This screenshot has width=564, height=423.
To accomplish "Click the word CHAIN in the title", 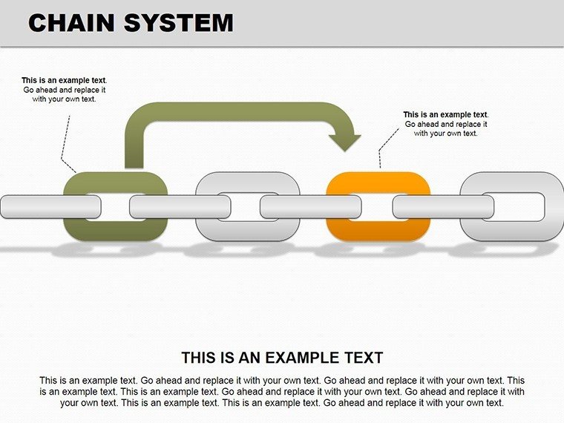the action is tap(71, 23).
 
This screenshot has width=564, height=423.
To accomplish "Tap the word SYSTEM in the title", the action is tap(179, 23).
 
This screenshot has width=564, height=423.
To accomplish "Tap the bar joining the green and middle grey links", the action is tap(180, 206).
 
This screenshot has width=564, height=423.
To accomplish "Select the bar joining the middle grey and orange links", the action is tap(310, 206).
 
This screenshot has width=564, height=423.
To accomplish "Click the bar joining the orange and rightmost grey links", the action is tap(443, 206).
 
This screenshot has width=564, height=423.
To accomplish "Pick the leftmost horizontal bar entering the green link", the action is tap(50, 206).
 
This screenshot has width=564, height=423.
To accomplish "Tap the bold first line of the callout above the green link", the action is tap(64, 80).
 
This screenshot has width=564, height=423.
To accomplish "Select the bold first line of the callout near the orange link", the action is tap(446, 114).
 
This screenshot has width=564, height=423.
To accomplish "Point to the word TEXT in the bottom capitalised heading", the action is tap(364, 358).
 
